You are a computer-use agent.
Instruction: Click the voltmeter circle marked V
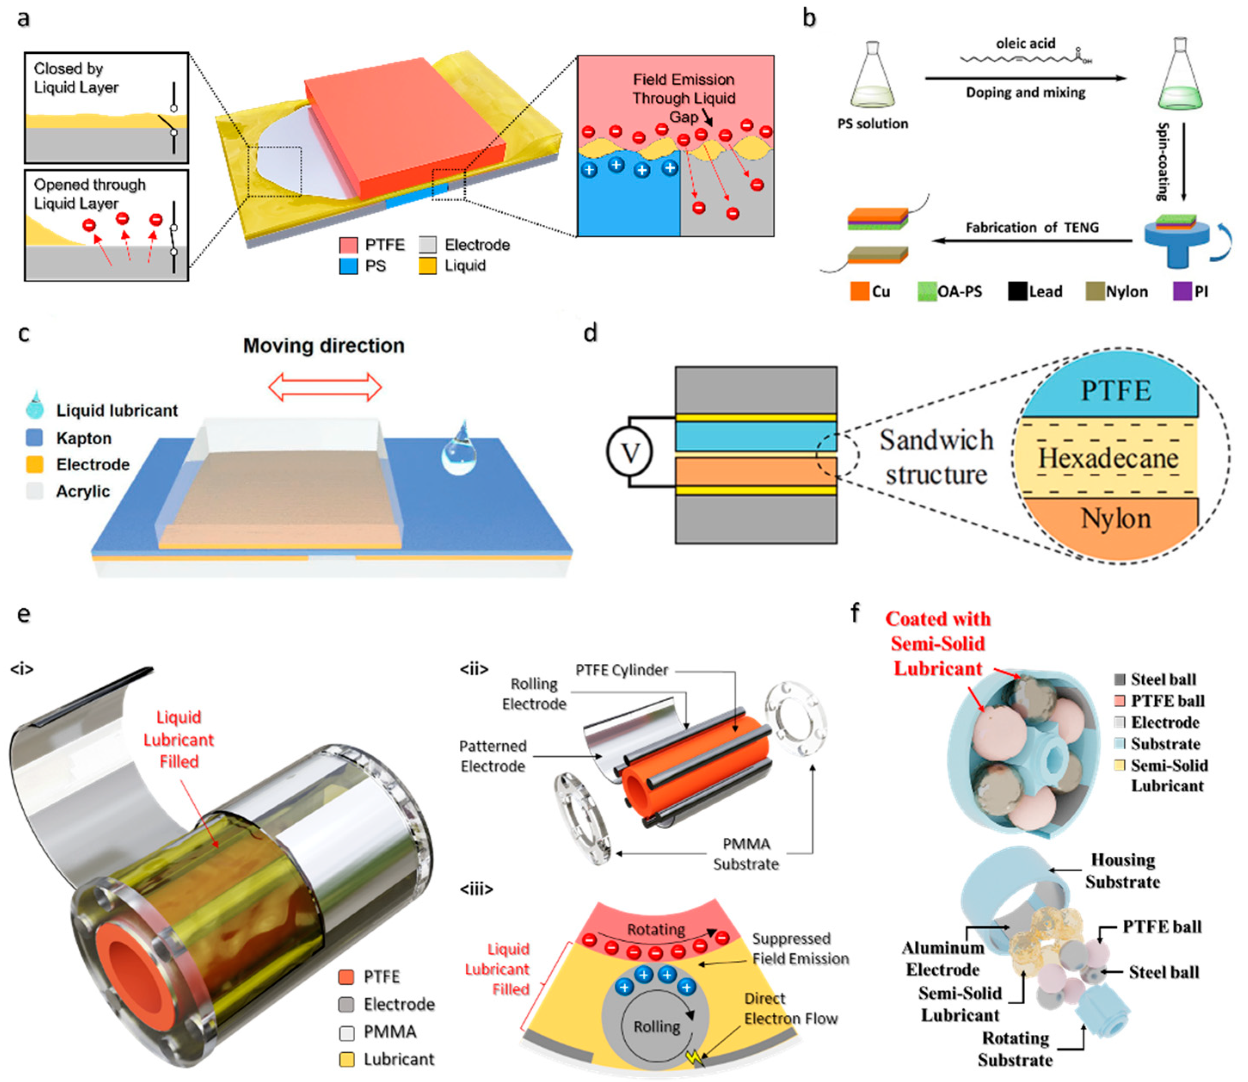click(x=630, y=452)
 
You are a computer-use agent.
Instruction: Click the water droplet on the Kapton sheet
click(x=459, y=450)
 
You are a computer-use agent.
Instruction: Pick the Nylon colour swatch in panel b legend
click(x=1094, y=291)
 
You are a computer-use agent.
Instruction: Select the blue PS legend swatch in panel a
click(x=348, y=266)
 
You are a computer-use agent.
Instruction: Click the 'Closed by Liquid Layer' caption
click(x=76, y=78)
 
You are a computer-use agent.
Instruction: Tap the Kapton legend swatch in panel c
click(x=35, y=438)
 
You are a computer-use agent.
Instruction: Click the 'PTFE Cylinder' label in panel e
click(x=621, y=670)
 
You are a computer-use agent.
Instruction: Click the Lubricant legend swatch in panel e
click(x=347, y=1060)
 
